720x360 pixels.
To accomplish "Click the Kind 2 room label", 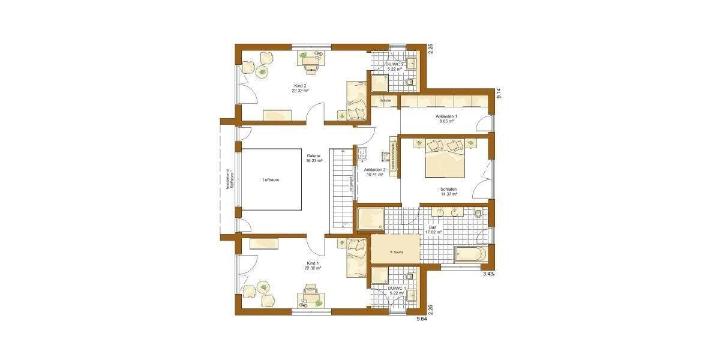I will (x=300, y=86).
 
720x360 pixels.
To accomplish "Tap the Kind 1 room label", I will (x=313, y=263).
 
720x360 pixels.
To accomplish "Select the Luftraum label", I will (x=271, y=179).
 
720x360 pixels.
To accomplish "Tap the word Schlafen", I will (x=449, y=190).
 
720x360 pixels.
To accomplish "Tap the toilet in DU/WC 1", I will (x=409, y=277).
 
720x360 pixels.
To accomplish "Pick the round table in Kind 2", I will (x=262, y=72).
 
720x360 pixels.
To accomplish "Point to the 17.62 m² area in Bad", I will (x=433, y=232).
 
